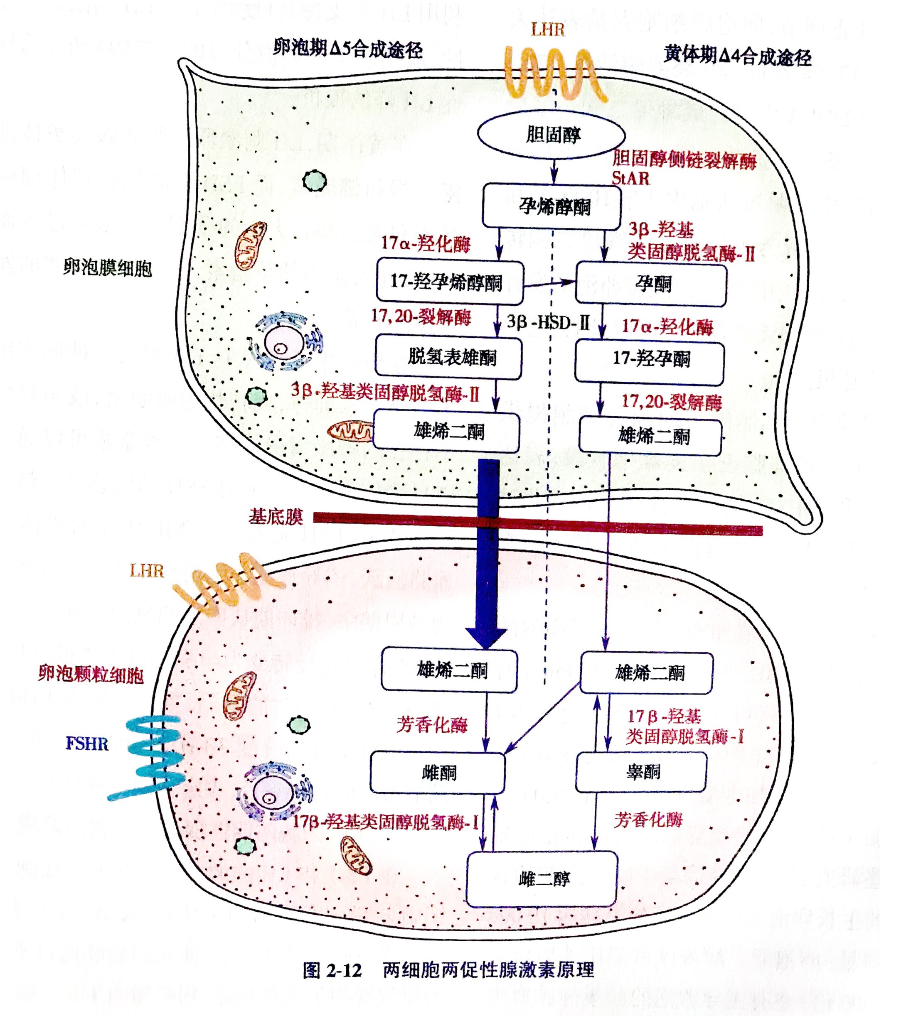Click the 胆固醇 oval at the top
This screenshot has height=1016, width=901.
[x=551, y=135]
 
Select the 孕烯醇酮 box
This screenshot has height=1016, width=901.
[x=552, y=206]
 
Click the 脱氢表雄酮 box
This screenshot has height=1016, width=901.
[x=448, y=357]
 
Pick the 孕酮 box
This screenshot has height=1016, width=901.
[x=651, y=284]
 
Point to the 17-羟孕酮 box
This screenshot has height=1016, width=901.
[x=650, y=359]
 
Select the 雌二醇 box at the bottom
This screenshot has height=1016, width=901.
[x=542, y=879]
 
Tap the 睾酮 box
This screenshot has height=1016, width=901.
[x=641, y=772]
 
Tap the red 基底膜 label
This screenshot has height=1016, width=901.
[x=276, y=517]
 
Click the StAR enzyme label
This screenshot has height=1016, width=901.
[x=630, y=178]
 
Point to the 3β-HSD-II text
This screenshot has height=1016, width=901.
[x=547, y=323]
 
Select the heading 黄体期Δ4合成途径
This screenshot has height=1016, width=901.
[x=737, y=56]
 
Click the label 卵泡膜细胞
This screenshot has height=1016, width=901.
[x=107, y=268]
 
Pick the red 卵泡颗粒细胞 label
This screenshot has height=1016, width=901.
[x=91, y=675]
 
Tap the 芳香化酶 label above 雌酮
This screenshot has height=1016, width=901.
[x=432, y=725]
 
